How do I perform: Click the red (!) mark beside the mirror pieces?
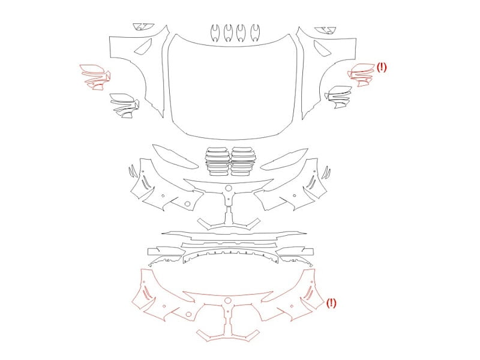tap(382, 67)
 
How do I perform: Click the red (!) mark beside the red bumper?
tap(331, 303)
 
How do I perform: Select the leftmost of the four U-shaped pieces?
tap(215, 32)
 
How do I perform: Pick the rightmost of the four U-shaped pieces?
tap(255, 32)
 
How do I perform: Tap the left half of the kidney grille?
tap(217, 161)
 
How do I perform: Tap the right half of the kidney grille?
tap(243, 161)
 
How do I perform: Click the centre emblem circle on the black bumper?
tap(229, 188)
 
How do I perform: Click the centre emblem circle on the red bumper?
tap(227, 301)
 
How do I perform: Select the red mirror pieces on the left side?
tap(95, 77)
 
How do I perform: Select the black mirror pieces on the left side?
tap(125, 106)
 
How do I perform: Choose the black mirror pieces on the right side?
tap(338, 97)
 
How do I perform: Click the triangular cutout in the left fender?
tap(144, 47)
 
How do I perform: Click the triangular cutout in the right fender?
tap(322, 49)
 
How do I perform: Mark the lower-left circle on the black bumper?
tap(187, 203)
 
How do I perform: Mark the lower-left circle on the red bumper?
tap(188, 314)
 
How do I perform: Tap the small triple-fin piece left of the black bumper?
tap(133, 171)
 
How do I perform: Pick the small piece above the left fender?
tap(143, 26)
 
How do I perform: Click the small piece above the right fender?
tap(325, 30)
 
